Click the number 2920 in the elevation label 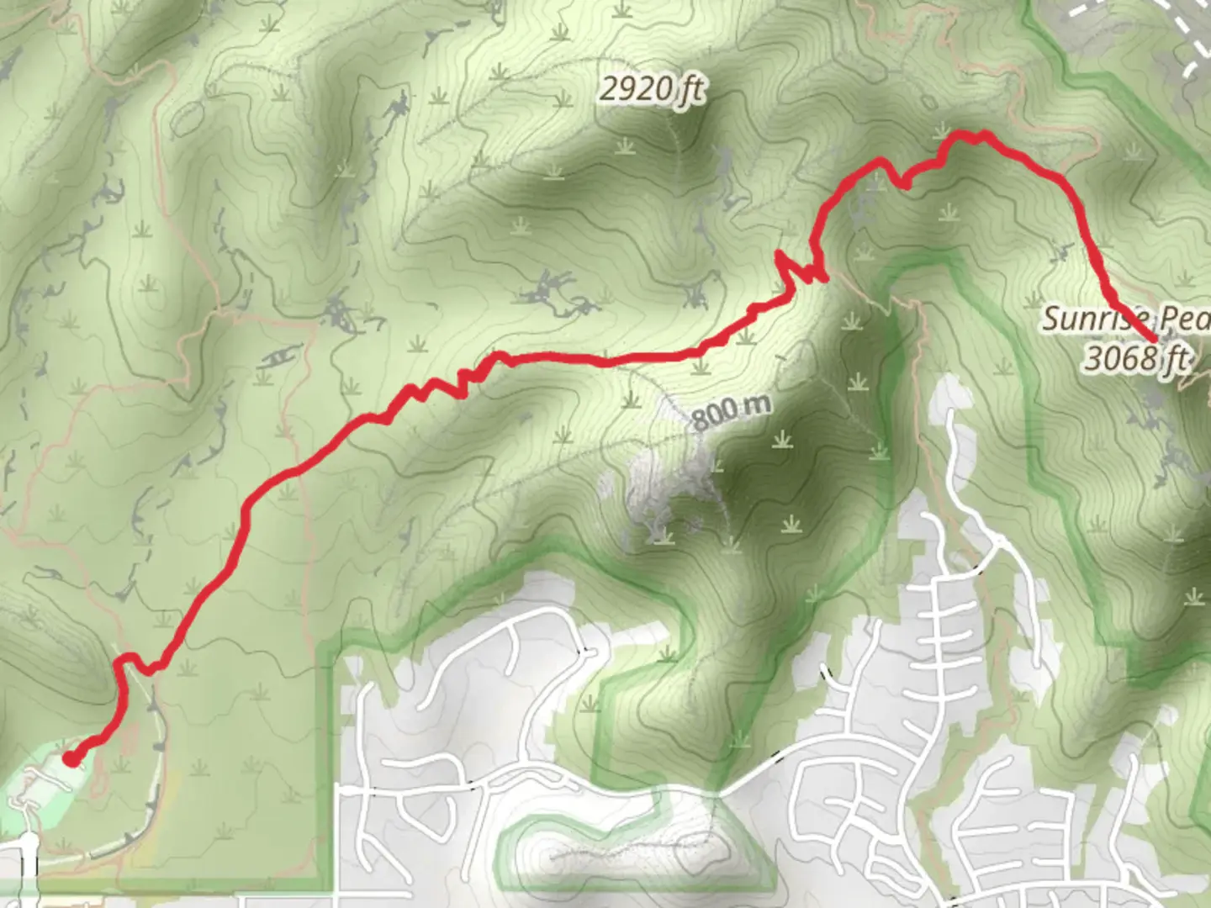(637, 87)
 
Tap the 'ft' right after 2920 (691, 90)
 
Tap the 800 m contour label (730, 411)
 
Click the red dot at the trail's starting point (71, 759)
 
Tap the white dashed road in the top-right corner (1177, 34)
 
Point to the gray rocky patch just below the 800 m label (664, 488)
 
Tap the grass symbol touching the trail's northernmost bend (940, 132)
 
